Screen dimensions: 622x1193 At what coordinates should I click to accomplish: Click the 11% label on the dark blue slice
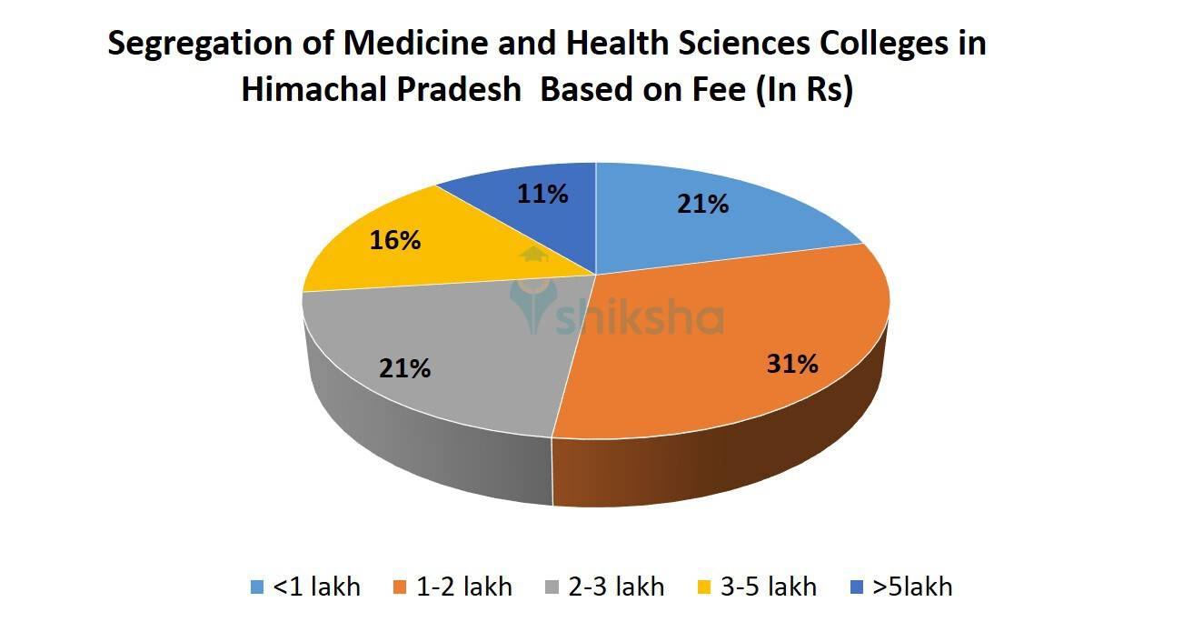pyautogui.click(x=542, y=194)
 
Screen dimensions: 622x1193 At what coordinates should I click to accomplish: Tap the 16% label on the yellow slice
pyautogui.click(x=395, y=240)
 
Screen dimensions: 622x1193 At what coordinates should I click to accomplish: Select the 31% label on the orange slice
pyautogui.click(x=792, y=365)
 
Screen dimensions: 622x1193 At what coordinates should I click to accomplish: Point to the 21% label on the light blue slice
pyautogui.click(x=702, y=205)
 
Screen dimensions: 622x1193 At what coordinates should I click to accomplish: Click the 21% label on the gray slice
pyautogui.click(x=405, y=368)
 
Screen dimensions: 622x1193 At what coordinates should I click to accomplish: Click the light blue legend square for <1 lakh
pyautogui.click(x=257, y=587)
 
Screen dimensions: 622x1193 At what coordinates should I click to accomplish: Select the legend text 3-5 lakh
pyautogui.click(x=769, y=587)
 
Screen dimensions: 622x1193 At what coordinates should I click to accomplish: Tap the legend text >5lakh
pyautogui.click(x=912, y=587)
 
